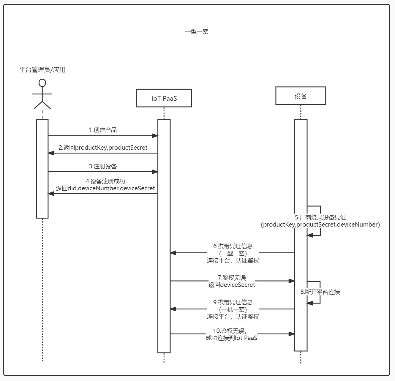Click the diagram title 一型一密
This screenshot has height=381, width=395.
[197, 31]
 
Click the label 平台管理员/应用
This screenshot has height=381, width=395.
[42, 70]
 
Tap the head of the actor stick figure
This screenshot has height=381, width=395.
[42, 83]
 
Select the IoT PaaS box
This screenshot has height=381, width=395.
[164, 98]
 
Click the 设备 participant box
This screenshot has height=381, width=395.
[301, 96]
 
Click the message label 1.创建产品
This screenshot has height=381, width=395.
[103, 130]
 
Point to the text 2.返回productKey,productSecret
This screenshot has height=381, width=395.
[103, 148]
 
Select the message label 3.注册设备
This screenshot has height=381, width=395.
[103, 166]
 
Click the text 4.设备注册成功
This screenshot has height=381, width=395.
[105, 181]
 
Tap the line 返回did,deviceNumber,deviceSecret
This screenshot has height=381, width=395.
[105, 188]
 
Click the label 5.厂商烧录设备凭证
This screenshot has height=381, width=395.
[320, 217]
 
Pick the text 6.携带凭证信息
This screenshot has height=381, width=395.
[233, 246]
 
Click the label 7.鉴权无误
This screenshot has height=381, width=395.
[232, 278]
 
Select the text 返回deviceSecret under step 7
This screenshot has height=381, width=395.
[232, 285]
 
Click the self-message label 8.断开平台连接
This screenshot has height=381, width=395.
[320, 292]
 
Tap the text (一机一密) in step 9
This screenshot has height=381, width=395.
[233, 309]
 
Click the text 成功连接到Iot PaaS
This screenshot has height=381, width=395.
[231, 338]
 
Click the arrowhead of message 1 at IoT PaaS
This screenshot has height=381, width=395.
[155, 136]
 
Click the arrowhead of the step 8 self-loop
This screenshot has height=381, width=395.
[310, 303]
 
